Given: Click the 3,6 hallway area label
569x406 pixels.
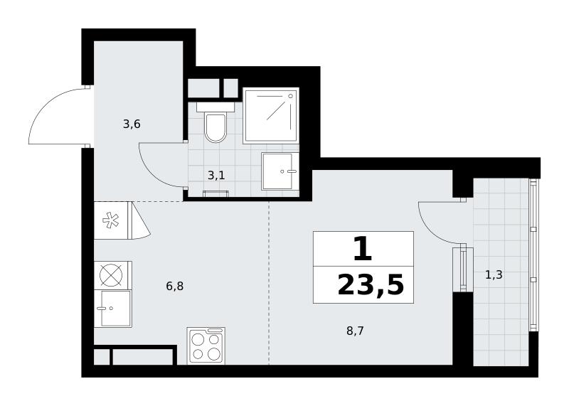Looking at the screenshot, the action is pyautogui.click(x=132, y=125).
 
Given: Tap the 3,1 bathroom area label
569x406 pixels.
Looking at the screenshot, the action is pyautogui.click(x=216, y=176).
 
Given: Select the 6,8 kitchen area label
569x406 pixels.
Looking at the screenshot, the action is pyautogui.click(x=174, y=287).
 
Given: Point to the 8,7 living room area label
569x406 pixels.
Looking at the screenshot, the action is pyautogui.click(x=355, y=331).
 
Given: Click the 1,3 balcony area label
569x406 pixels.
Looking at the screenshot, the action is pyautogui.click(x=494, y=275).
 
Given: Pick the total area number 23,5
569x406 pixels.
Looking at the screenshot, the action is pyautogui.click(x=371, y=285).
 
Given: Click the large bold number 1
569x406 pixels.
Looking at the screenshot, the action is pyautogui.click(x=363, y=249).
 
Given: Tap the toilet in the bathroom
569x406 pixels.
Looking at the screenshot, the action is pyautogui.click(x=216, y=122).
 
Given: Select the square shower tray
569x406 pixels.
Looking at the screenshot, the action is pyautogui.click(x=271, y=115).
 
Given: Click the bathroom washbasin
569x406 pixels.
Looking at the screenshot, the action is pyautogui.click(x=280, y=171).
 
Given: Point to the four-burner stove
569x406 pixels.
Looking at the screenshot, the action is pyautogui.click(x=206, y=346).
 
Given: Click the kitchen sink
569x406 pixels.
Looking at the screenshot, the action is pyautogui.click(x=113, y=309).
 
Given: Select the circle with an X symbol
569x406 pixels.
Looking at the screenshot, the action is pyautogui.click(x=111, y=274).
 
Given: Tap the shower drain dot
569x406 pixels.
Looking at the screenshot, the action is pyautogui.click(x=290, y=96).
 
